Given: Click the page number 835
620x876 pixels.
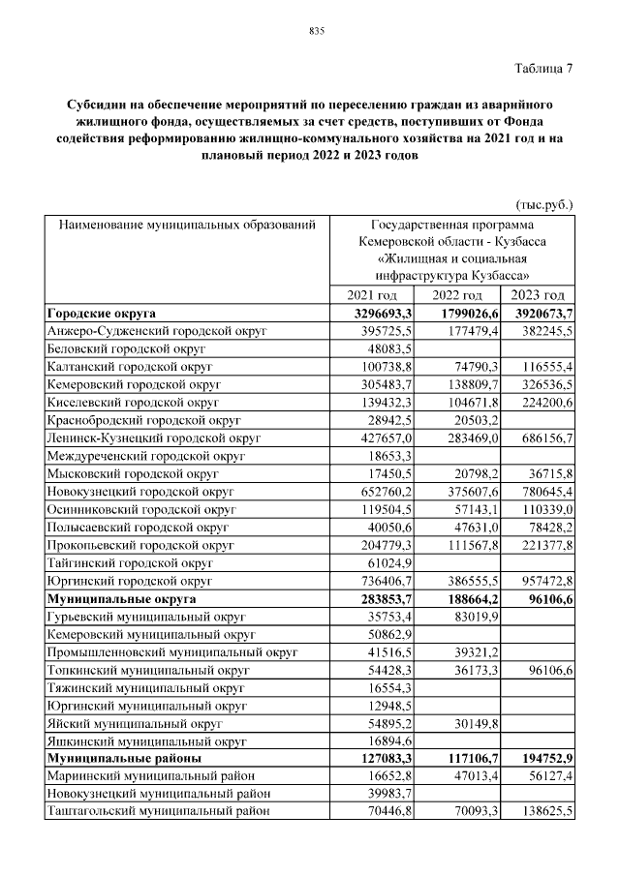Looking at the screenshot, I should coord(316,31).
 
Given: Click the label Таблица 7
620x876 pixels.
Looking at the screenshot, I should coord(541,68).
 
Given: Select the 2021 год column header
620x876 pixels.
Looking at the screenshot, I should coord(372,295).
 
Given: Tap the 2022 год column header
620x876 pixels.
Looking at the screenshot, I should coord(457,295).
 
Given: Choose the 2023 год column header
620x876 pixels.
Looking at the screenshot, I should coord(538,295).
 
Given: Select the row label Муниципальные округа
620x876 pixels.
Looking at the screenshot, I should coord(121,600).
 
